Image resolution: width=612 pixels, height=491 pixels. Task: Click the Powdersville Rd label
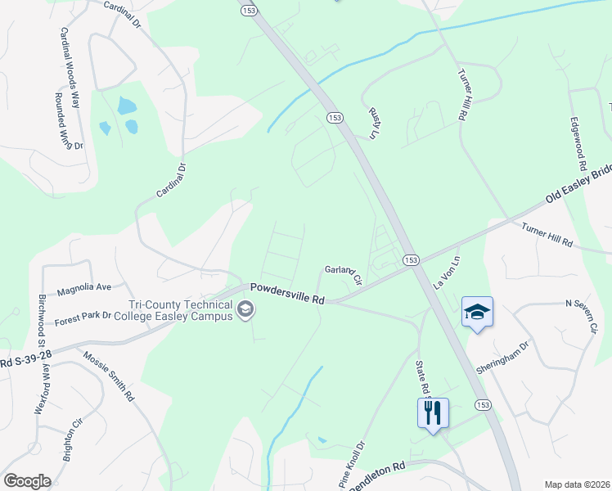(287, 294)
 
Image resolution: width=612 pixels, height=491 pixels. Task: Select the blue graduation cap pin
(477, 313)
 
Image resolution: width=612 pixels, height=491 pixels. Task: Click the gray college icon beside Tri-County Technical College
(245, 310)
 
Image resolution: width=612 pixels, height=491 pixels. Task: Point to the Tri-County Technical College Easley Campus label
(173, 311)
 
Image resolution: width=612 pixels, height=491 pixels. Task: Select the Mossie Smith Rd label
(109, 375)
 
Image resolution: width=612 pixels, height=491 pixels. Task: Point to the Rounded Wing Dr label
(69, 120)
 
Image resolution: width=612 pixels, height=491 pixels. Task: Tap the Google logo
(27, 481)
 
